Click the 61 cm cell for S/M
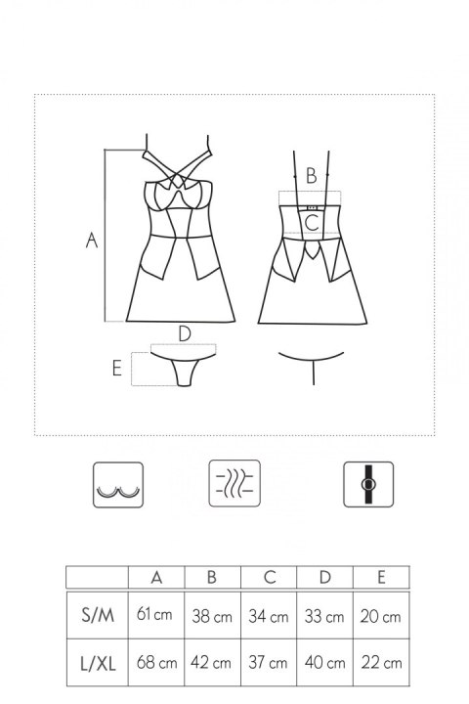[154, 614]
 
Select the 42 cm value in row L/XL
[211, 662]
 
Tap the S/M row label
[98, 615]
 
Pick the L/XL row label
[98, 663]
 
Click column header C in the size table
[270, 577]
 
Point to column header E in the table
[381, 577]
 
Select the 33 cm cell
[324, 616]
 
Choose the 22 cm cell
[381, 663]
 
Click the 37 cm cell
[268, 663]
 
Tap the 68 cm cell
[156, 662]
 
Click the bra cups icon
[118, 485]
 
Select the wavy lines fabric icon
[234, 484]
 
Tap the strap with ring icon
[368, 484]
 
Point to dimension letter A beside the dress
[92, 240]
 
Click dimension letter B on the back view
[311, 176]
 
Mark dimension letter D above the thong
[185, 333]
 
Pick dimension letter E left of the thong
[116, 369]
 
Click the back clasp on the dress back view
[312, 208]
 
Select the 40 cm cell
[325, 663]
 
